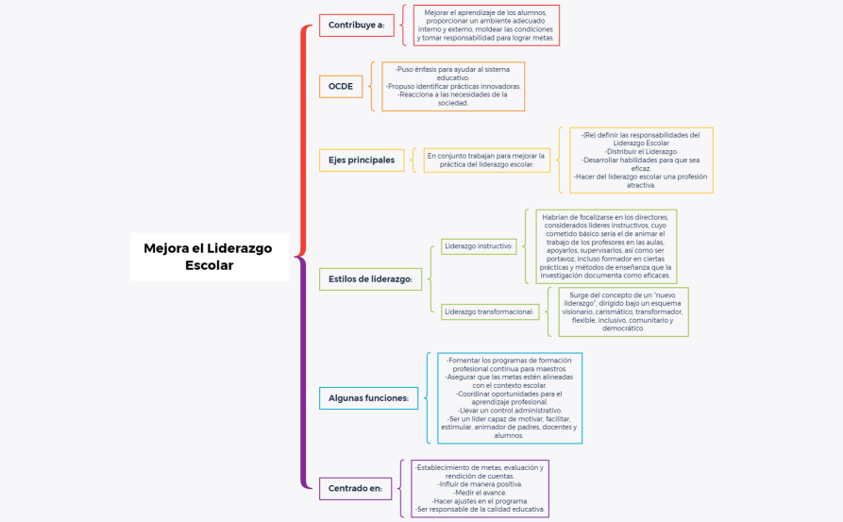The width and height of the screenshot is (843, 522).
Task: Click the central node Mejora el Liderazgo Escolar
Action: (209, 256)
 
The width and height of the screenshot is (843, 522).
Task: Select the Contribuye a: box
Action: (356, 25)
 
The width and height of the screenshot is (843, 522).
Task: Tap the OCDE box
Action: (341, 86)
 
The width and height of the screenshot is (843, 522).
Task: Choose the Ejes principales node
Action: (362, 160)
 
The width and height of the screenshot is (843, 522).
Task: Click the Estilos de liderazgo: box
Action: (370, 278)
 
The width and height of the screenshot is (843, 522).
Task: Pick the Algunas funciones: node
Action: (368, 398)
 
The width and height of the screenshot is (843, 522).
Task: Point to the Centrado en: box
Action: (355, 488)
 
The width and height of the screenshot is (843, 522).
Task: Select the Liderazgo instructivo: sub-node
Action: (479, 246)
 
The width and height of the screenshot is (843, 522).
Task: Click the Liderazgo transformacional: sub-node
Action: (490, 311)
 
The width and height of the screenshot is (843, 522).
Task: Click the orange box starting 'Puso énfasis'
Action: (453, 86)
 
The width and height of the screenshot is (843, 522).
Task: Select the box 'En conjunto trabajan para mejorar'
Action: (486, 160)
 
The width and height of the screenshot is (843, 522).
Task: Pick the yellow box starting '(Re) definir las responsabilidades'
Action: (641, 160)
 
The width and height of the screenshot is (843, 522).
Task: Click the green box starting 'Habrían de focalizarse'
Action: (606, 246)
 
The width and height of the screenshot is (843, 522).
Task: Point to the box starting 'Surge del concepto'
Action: (623, 312)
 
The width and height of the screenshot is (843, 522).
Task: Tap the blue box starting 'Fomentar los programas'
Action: (510, 397)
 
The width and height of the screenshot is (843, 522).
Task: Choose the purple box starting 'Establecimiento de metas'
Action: (481, 488)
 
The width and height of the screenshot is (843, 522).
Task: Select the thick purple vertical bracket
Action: (303, 373)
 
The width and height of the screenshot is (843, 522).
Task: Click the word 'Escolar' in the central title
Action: (209, 265)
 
